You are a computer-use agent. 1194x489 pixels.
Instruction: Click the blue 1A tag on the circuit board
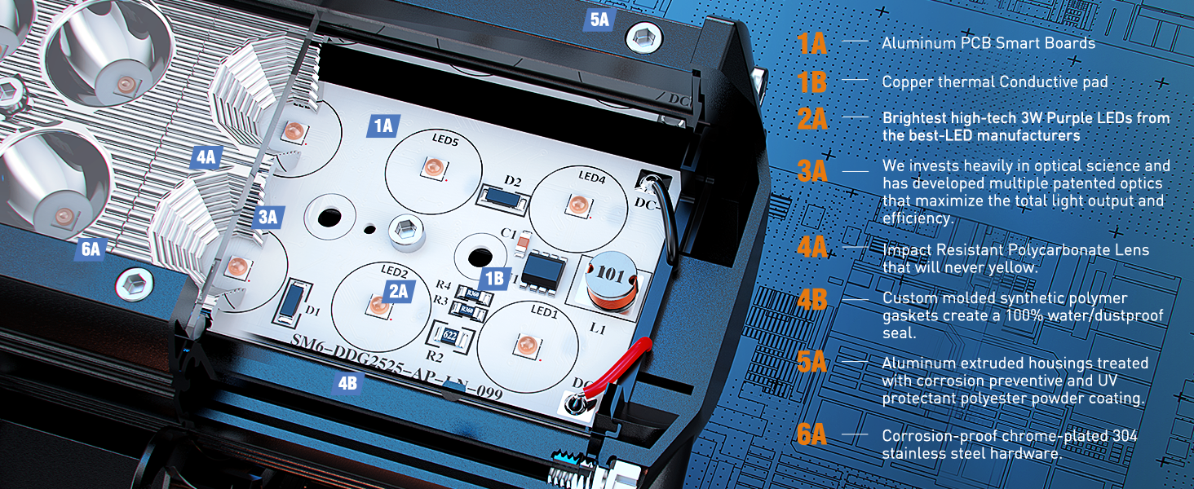coord(383,126)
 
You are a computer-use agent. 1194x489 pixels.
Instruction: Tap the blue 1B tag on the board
coord(494,278)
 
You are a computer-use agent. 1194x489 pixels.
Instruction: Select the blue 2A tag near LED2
coord(398,291)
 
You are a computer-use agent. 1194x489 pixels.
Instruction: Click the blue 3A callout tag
coord(268,217)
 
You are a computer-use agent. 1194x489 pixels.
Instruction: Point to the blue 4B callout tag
coord(347,382)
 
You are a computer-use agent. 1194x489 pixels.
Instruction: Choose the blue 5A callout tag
coord(599,20)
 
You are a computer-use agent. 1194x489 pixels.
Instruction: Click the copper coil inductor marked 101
coord(610,286)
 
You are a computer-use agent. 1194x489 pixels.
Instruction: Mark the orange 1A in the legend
coord(812,43)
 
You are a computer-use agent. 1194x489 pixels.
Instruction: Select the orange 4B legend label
coord(812,301)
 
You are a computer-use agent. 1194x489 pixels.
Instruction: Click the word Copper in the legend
coord(906,82)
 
